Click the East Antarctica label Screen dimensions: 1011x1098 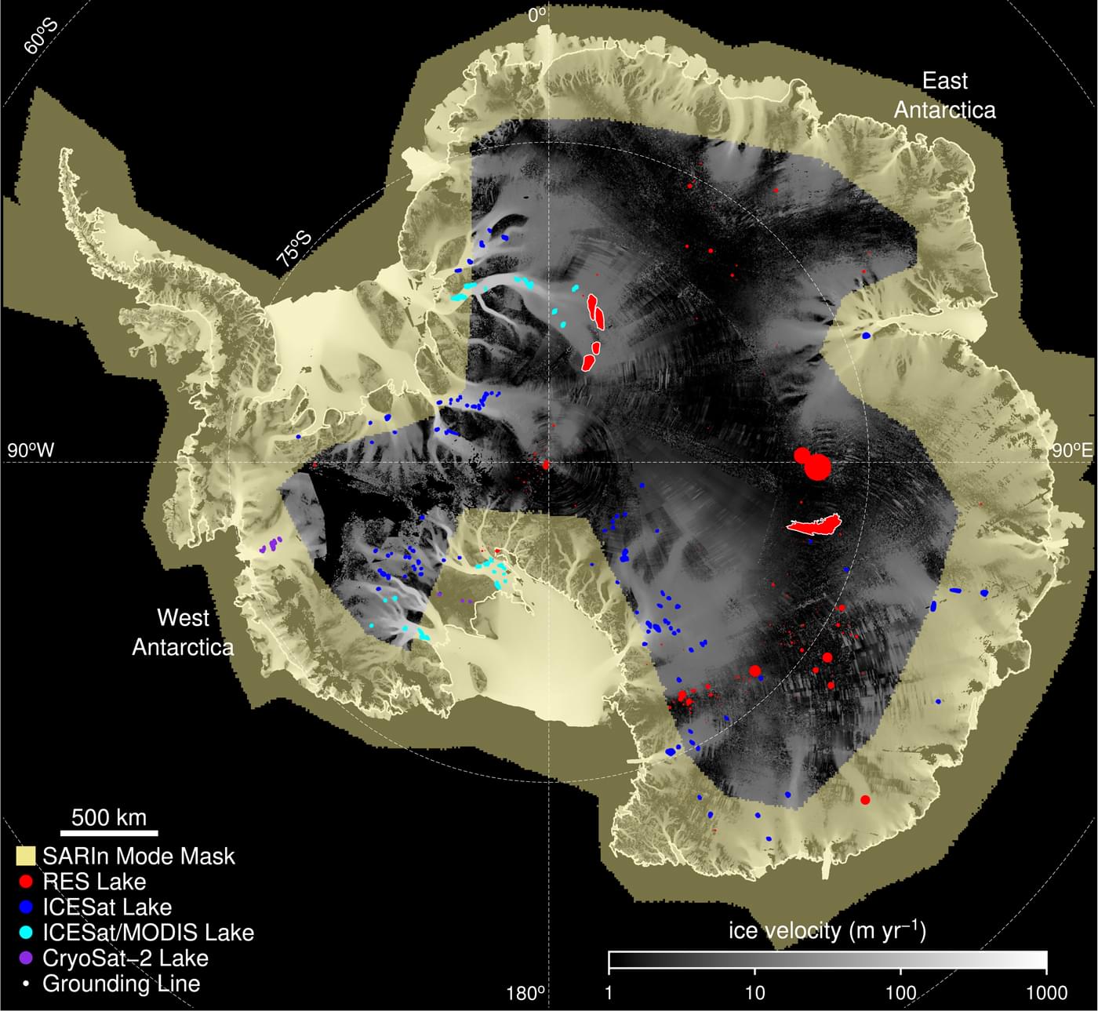coord(944,95)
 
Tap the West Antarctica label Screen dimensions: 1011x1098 coord(183,632)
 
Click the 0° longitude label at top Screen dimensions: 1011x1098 coord(538,14)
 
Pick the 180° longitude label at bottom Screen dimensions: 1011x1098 coord(525,993)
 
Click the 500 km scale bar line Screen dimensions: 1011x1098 coord(109,832)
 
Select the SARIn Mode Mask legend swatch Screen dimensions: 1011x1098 coord(26,856)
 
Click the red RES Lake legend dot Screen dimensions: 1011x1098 coord(26,882)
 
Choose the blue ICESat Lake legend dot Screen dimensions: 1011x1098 coord(26,907)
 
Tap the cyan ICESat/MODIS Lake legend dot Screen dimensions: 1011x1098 coord(26,933)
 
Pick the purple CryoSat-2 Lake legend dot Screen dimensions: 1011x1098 coord(26,958)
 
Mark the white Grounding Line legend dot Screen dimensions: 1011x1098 coord(26,984)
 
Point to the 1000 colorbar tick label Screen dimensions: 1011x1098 coord(1046,993)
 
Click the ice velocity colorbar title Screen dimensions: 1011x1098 coord(827,931)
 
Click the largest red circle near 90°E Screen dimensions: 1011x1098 coord(817,467)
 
